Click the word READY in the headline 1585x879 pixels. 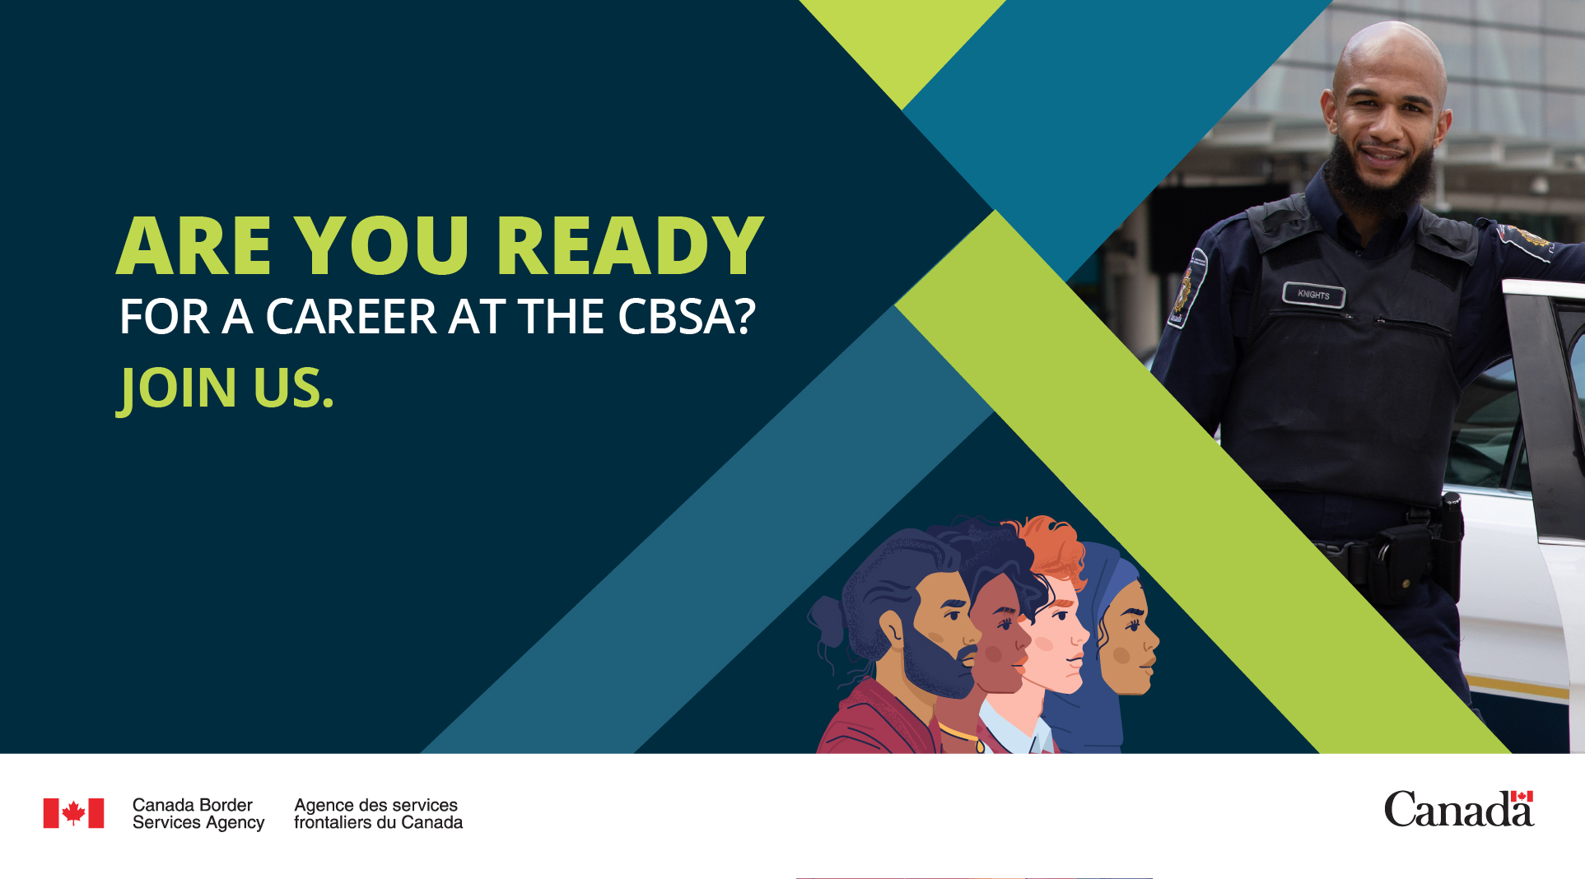point(630,245)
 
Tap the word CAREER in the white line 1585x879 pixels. point(351,317)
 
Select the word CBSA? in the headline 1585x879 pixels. point(687,317)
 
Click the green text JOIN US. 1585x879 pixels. point(226,388)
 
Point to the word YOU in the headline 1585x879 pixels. point(382,245)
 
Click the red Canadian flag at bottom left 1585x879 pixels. point(73,813)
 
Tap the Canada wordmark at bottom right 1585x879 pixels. point(1459,809)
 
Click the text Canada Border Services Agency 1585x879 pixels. point(198,814)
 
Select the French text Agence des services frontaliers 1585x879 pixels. point(378,814)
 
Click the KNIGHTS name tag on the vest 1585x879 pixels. point(1313,295)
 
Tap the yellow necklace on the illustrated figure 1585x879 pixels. point(960,735)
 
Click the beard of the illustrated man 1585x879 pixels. point(935,663)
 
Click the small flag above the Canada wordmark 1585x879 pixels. point(1522,796)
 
